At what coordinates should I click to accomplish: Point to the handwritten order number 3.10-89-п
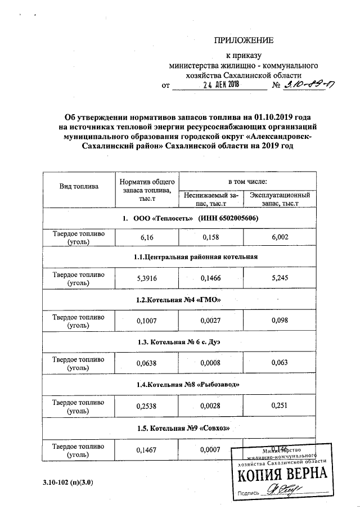[x=308, y=85]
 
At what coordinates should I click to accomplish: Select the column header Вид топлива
[x=79, y=186]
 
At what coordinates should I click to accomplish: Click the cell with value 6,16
[x=147, y=237]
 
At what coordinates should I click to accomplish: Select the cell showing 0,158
[x=211, y=237]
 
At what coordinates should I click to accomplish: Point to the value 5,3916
[x=147, y=277]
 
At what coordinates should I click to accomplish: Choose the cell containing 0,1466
[x=211, y=277]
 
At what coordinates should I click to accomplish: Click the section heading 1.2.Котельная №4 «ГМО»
[x=183, y=300]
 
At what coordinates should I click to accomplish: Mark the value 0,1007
[x=147, y=320]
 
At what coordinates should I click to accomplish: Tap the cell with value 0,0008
[x=211, y=363]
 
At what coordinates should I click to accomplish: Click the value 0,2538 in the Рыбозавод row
[x=147, y=406]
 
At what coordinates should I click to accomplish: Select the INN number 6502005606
[x=228, y=217]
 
